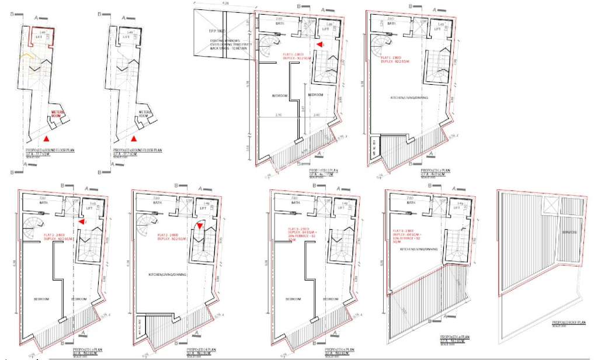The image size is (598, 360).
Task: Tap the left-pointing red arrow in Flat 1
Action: tap(319, 44)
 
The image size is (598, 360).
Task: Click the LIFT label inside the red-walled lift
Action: tap(39, 37)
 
